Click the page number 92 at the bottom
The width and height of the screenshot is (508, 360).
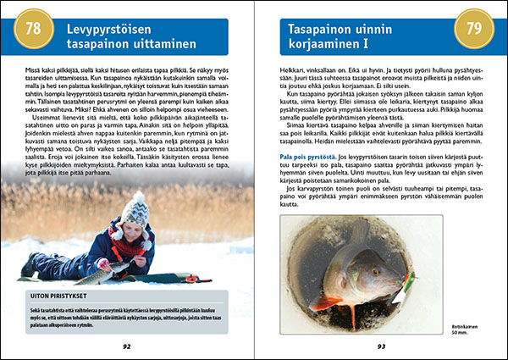(x=126, y=346)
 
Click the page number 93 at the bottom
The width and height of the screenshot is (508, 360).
(x=381, y=346)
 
